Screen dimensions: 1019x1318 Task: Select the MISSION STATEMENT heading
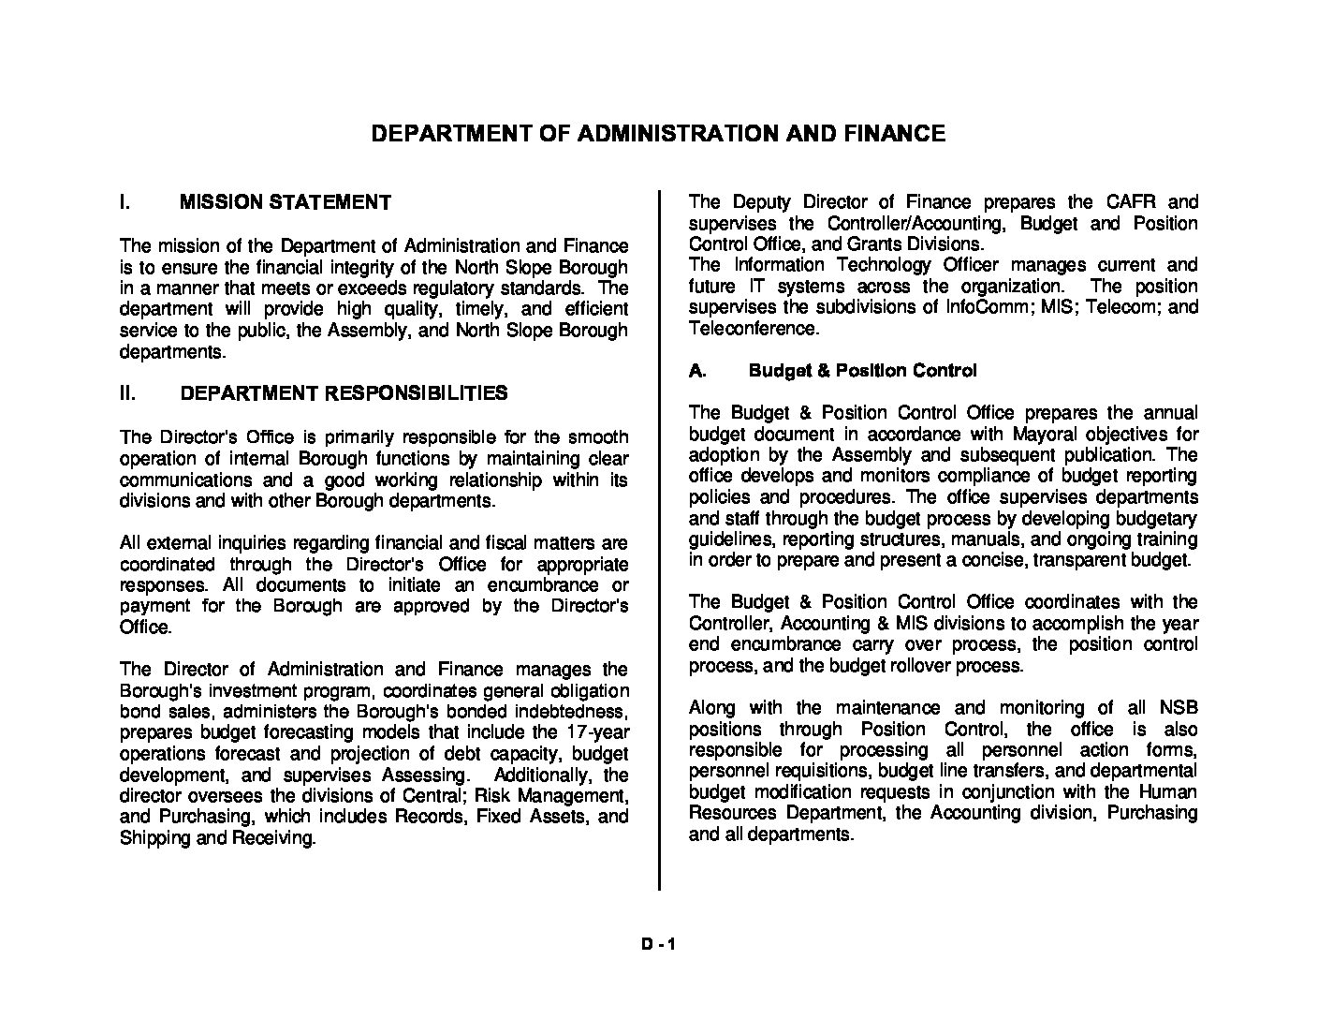coord(285,202)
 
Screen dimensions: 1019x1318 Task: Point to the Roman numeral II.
coord(127,393)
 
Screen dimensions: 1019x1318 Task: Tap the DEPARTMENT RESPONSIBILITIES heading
coord(344,393)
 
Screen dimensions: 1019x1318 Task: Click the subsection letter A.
coord(696,371)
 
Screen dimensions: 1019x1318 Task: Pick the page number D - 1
coord(658,945)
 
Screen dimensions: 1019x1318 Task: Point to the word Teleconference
coord(753,329)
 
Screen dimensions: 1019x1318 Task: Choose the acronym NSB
coord(1178,708)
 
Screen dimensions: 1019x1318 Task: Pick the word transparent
coord(1079,561)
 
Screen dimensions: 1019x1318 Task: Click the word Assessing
coord(423,775)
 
